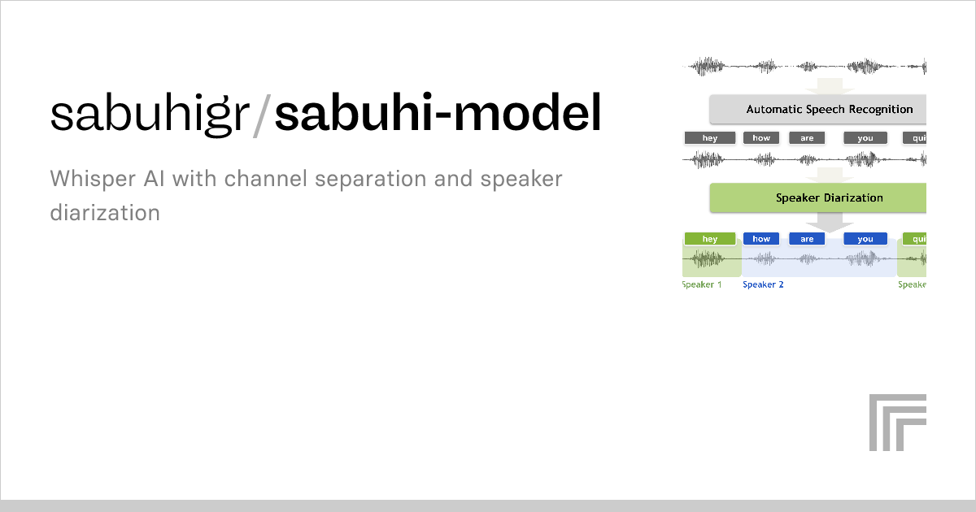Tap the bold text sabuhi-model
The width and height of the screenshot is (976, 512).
point(438,115)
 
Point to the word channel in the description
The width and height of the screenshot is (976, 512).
point(262,179)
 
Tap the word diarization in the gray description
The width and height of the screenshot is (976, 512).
point(104,213)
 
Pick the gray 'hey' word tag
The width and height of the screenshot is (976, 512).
point(710,138)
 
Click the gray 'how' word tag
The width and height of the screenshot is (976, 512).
point(761,138)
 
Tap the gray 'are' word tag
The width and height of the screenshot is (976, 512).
point(807,138)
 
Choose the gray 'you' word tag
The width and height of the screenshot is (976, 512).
point(865,138)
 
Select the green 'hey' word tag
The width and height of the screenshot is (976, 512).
point(710,239)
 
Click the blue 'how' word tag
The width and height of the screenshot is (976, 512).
point(761,239)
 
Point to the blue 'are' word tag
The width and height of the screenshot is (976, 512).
point(807,239)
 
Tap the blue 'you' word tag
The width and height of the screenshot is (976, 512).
point(865,239)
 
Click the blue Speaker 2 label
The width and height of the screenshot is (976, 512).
point(763,284)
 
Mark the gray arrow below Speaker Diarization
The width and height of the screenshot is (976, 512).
point(830,222)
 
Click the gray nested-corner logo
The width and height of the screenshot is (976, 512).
point(897,422)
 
